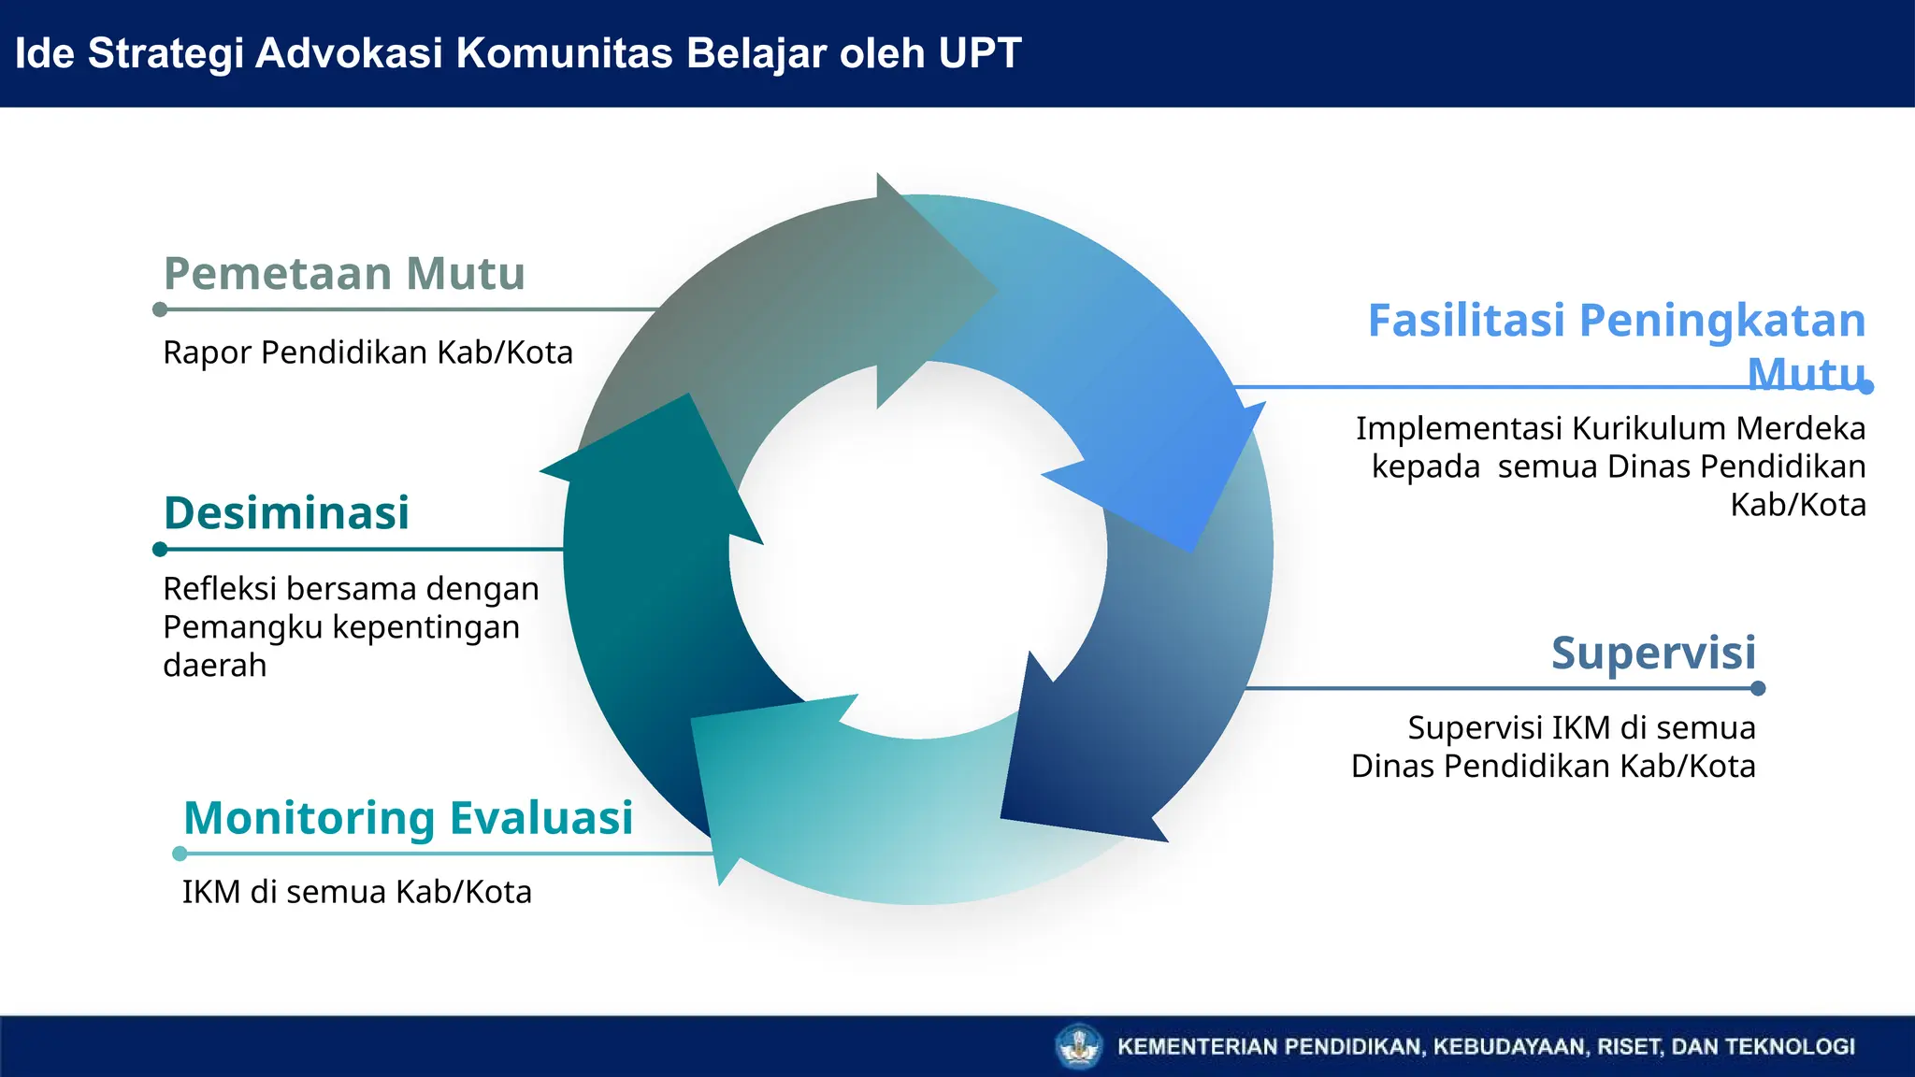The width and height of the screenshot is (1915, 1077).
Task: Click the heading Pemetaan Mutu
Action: click(x=344, y=274)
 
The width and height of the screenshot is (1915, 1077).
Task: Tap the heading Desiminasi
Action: click(x=286, y=513)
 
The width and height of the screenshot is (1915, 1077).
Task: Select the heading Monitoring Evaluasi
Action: click(x=408, y=818)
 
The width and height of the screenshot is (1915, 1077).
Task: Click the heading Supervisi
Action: click(x=1653, y=653)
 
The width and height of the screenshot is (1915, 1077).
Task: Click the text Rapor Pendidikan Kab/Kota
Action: click(x=367, y=353)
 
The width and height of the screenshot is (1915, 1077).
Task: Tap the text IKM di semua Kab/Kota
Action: click(x=356, y=892)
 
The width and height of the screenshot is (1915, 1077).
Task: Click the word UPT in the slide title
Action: click(x=979, y=53)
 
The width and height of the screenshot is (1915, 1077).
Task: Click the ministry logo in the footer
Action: click(x=1079, y=1046)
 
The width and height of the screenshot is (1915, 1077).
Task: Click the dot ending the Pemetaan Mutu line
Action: click(x=160, y=309)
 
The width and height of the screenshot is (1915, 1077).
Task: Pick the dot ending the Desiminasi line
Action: click(x=160, y=550)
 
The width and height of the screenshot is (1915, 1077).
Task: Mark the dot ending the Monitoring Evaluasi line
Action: click(x=180, y=854)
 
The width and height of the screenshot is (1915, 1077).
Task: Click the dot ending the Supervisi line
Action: click(x=1758, y=689)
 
